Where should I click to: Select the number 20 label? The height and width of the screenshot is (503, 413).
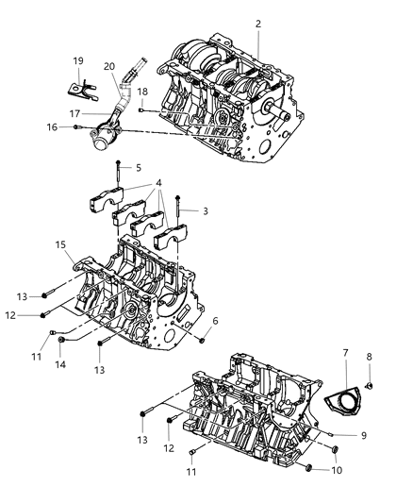(x=108, y=66)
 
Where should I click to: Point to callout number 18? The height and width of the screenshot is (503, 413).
(x=142, y=91)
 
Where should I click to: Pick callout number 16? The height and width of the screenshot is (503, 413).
(x=52, y=126)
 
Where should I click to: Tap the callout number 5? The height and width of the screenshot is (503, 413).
(x=138, y=167)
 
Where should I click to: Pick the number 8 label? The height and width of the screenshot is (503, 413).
(x=369, y=358)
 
